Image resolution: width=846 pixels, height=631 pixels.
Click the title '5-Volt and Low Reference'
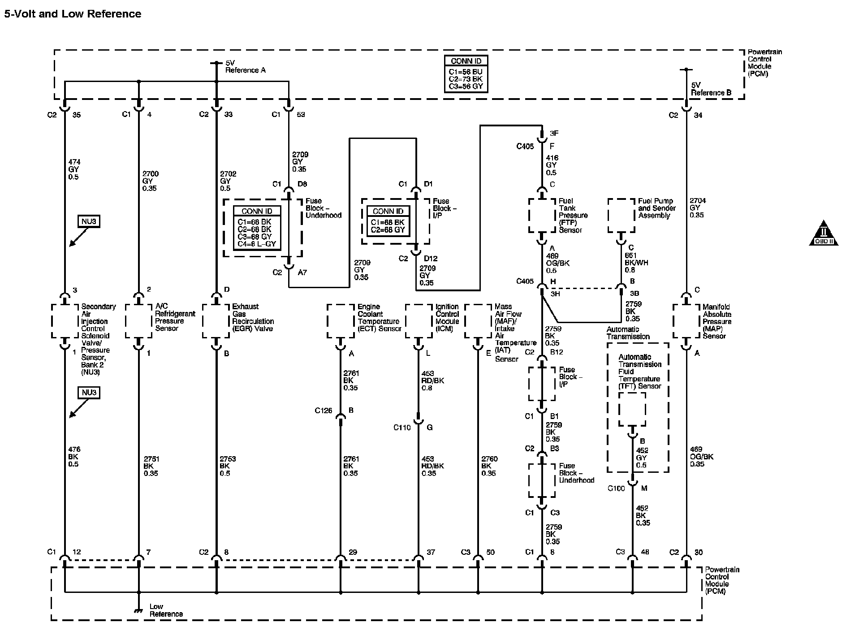[x=73, y=14]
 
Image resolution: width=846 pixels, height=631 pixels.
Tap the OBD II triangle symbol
[x=824, y=233]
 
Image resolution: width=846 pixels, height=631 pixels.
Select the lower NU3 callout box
[x=89, y=393]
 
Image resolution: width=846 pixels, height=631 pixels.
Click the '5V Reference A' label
[x=245, y=67]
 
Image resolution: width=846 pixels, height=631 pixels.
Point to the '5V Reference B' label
[x=711, y=89]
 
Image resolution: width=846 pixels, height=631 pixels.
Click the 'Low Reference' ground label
[x=166, y=610]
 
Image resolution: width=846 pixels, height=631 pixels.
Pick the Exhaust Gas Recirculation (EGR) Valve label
[x=253, y=317]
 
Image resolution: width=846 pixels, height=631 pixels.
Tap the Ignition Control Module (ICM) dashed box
[x=419, y=321]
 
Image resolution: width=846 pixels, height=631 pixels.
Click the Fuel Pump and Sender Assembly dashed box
[x=621, y=216]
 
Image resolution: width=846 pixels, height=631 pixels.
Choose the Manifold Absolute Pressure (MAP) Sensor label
[x=717, y=321]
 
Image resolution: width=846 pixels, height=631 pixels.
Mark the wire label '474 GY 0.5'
[x=74, y=169]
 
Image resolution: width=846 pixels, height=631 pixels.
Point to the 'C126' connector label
[x=324, y=411]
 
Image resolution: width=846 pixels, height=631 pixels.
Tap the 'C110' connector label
[x=402, y=428]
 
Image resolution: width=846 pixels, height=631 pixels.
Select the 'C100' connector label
[x=616, y=488]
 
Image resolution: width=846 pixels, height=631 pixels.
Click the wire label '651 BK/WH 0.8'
[x=636, y=263]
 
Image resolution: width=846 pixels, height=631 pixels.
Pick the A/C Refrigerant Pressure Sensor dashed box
[x=138, y=321]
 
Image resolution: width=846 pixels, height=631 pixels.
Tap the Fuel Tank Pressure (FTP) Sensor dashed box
[x=542, y=216]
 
